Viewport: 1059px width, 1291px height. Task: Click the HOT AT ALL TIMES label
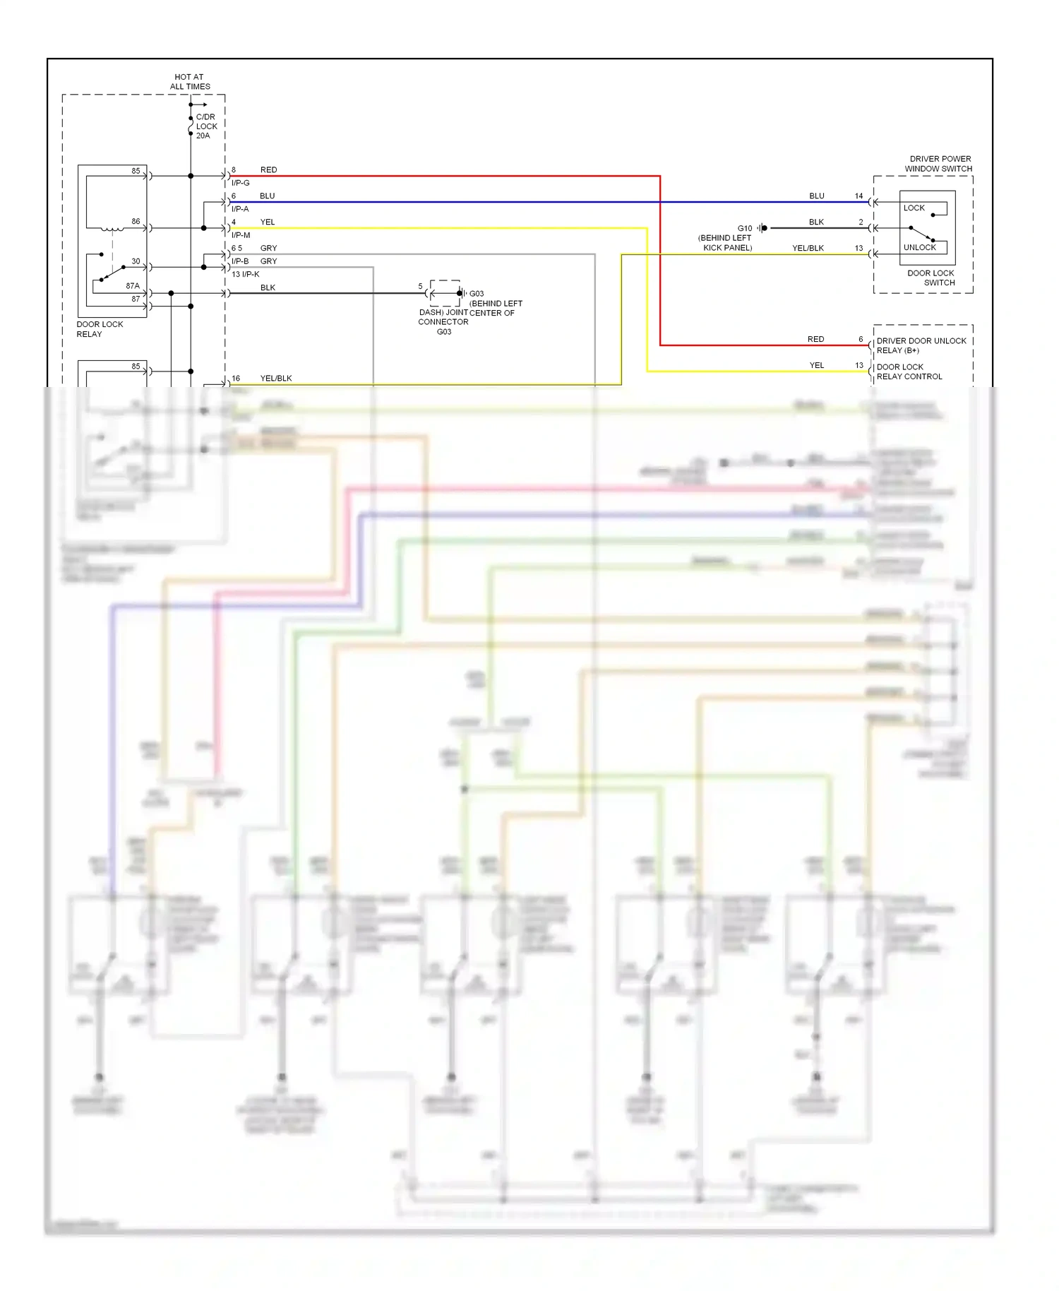point(189,82)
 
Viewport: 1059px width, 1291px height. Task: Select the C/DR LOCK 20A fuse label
point(206,126)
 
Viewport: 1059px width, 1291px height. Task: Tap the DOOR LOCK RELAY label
point(99,329)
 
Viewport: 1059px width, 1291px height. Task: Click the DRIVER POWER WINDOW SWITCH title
point(939,164)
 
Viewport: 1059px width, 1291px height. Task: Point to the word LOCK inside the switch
point(914,208)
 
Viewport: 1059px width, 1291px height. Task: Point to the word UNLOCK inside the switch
point(919,248)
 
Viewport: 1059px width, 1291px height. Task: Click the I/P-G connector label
point(241,183)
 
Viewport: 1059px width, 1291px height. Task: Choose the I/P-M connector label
point(241,235)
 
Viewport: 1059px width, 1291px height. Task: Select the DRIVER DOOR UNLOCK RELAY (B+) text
point(921,345)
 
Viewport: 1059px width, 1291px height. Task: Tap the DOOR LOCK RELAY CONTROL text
point(909,371)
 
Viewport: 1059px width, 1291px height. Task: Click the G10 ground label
point(744,228)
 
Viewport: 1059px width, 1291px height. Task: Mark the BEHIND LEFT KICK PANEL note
point(725,243)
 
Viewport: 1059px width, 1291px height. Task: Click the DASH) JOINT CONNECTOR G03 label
point(443,322)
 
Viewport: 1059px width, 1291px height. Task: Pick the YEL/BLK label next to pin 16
point(276,379)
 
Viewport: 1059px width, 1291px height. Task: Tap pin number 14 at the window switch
point(858,196)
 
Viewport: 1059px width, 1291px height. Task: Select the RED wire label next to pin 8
point(268,170)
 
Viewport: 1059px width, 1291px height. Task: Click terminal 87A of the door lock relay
point(133,286)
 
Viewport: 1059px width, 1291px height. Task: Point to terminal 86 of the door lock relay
point(136,222)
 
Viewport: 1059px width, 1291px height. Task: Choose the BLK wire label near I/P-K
point(268,288)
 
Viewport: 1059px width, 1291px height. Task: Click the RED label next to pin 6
point(815,340)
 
